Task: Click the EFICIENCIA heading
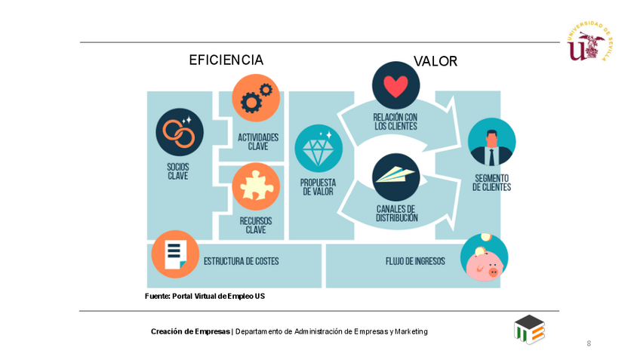pos(226,60)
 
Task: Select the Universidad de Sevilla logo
pos(589,41)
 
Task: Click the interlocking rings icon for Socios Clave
pos(180,132)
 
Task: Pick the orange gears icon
pos(256,98)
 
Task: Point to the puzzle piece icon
pos(256,186)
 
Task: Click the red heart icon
pos(395,85)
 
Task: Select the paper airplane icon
pos(395,177)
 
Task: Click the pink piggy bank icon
pos(484,257)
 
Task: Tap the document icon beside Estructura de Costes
pos(175,254)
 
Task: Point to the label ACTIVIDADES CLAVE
pos(258,142)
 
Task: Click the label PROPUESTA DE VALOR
pos(318,186)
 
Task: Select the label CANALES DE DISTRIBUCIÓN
pos(396,213)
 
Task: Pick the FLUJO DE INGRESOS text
pos(415,262)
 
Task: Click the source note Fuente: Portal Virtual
pos(205,296)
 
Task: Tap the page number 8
pos(589,343)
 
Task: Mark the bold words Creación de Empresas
pos(190,331)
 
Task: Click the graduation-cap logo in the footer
pos(529,330)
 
